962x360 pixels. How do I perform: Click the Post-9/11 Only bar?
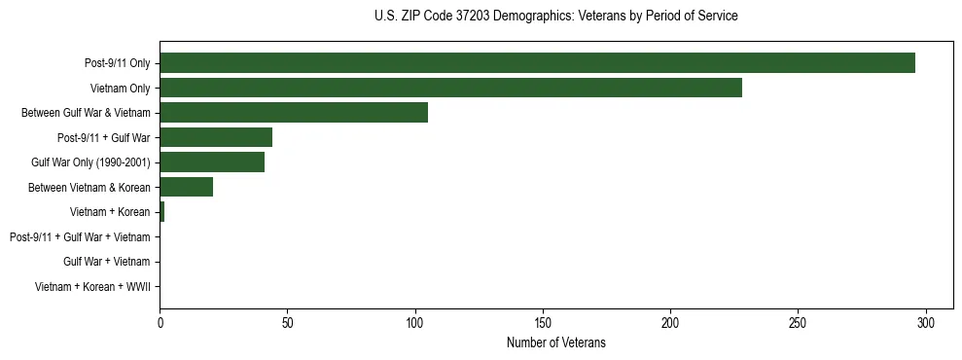coord(537,63)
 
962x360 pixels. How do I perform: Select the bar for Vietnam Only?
coord(450,88)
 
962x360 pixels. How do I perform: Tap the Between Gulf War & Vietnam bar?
coord(294,113)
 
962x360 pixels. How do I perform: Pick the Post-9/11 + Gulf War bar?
coord(216,137)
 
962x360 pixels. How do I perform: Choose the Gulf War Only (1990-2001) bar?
coord(212,162)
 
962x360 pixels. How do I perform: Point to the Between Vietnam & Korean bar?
coord(186,187)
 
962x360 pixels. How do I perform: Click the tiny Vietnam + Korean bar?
coord(162,212)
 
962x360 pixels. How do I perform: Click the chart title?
coord(555,17)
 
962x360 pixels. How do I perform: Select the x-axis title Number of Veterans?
coord(555,342)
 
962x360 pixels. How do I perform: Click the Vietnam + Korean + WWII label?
coord(92,287)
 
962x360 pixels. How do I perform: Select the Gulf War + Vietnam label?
coord(106,262)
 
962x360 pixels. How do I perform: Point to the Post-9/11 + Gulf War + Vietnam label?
coord(80,237)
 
